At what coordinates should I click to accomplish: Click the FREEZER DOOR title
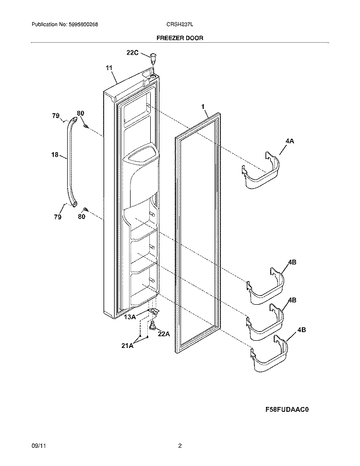point(180,37)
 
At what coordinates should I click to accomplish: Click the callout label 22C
point(132,53)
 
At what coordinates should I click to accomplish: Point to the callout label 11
point(109,68)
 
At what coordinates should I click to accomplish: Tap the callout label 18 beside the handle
point(54,155)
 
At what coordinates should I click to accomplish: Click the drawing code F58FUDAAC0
point(287,410)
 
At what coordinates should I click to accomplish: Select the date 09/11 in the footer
point(37,446)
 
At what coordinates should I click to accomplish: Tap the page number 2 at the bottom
point(180,446)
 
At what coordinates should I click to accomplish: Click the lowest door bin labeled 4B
point(268,358)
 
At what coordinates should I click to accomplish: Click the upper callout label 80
point(81,113)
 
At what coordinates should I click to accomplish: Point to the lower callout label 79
point(57,217)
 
